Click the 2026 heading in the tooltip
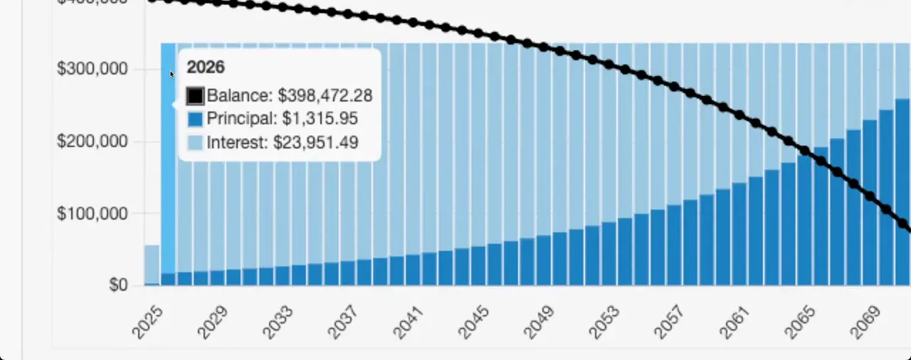coord(206,68)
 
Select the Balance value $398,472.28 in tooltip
coord(325,95)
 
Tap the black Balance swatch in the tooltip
coord(195,95)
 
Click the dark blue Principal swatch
coord(195,119)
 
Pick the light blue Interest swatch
coord(195,142)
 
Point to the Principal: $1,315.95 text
coord(282,119)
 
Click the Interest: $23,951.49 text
coord(282,142)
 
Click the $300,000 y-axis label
coord(92,69)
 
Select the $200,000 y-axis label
coord(92,142)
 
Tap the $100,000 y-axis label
coord(92,213)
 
